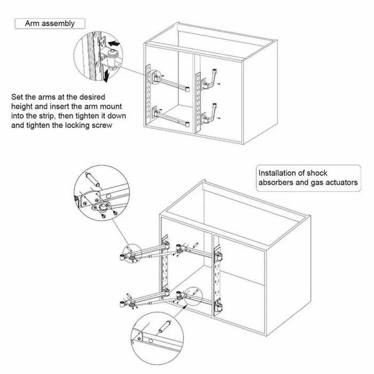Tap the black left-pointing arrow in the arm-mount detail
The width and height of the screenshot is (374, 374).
pyautogui.click(x=113, y=44)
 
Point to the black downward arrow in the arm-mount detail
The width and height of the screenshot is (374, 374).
pyautogui.click(x=107, y=75)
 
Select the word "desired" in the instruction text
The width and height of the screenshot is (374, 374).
pyautogui.click(x=92, y=97)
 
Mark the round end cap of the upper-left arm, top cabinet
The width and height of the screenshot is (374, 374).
pyautogui.click(x=188, y=89)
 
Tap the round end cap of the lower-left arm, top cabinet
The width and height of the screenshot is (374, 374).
pyautogui.click(x=188, y=124)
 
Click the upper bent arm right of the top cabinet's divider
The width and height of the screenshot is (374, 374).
pyautogui.click(x=209, y=80)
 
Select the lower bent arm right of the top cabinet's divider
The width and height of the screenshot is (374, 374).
pyautogui.click(x=209, y=114)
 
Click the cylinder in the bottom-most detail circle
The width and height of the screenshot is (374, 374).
pyautogui.click(x=165, y=327)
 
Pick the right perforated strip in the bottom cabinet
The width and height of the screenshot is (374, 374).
pyautogui.click(x=218, y=280)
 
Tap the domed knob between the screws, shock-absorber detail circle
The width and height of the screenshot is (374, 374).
pyautogui.click(x=103, y=206)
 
